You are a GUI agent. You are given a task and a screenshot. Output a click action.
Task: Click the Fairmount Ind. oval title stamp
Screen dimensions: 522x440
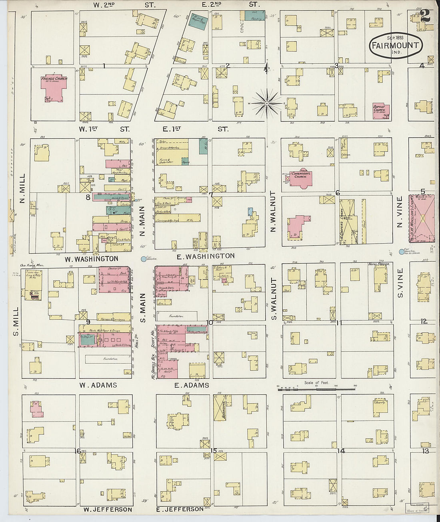click(x=395, y=45)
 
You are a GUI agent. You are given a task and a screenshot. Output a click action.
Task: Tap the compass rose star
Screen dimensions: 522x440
click(x=266, y=104)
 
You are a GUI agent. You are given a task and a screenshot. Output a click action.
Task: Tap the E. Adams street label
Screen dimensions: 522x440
click(x=192, y=385)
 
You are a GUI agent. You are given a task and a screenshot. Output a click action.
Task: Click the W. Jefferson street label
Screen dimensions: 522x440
click(x=108, y=509)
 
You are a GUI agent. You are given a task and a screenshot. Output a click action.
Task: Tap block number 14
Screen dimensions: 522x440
click(x=341, y=451)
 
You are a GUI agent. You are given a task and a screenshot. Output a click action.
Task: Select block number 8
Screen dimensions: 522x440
click(x=88, y=197)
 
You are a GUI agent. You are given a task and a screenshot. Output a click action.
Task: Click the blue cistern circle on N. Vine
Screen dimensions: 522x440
click(x=402, y=252)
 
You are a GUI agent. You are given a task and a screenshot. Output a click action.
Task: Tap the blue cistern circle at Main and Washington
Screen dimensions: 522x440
click(x=143, y=259)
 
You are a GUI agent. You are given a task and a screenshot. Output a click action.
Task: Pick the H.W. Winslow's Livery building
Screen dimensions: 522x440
click(x=421, y=218)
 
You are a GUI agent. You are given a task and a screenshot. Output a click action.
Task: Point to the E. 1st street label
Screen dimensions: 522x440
click(x=172, y=129)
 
